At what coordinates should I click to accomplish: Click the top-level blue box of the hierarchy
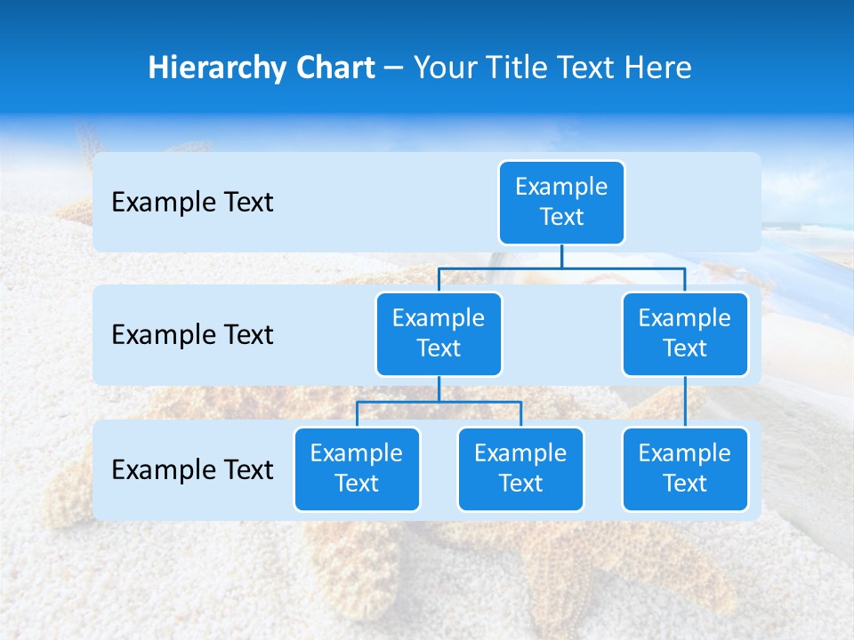[561, 202]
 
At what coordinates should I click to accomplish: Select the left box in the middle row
[439, 333]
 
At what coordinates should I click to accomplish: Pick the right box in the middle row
[685, 333]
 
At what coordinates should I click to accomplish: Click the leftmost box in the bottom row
[357, 468]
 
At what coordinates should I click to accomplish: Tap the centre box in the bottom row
[520, 468]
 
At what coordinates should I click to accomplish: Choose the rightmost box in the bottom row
[685, 468]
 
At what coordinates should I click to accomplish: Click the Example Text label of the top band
[192, 202]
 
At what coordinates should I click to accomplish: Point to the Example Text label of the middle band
[192, 334]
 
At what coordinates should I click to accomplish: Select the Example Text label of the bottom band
[192, 469]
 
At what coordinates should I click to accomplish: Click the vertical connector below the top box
[561, 256]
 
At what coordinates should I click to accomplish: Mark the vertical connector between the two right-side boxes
[685, 402]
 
